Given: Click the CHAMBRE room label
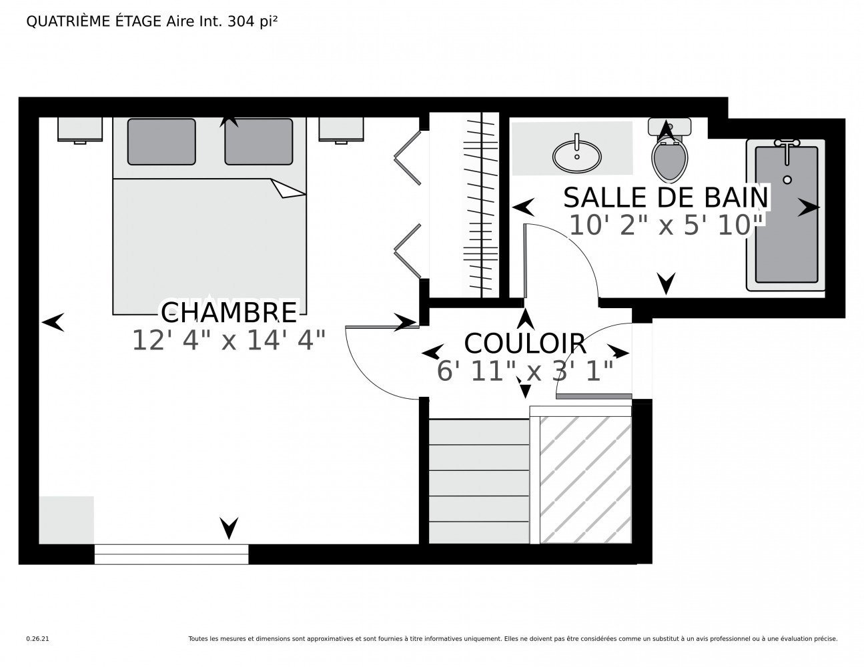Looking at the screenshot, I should coord(229,312).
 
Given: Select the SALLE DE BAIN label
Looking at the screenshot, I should coord(665,197).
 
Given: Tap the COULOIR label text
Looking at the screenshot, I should coord(525,344).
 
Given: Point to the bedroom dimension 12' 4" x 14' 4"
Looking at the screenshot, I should coord(229,340).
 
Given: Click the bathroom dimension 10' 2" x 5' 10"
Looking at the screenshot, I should coord(665,225).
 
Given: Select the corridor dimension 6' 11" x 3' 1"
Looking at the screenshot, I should coord(525,371).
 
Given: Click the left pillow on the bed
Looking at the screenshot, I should coord(161,141).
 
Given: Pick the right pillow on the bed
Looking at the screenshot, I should coord(259,141).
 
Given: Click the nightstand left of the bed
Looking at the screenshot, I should coord(80,129).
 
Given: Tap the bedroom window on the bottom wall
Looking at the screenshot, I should coord(171,554).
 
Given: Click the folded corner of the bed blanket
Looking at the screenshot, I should coord(288,189).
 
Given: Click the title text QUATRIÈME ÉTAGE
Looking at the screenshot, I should coord(93,21).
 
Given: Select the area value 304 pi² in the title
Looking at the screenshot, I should coord(252,21).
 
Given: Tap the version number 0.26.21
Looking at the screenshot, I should coord(37,639).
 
